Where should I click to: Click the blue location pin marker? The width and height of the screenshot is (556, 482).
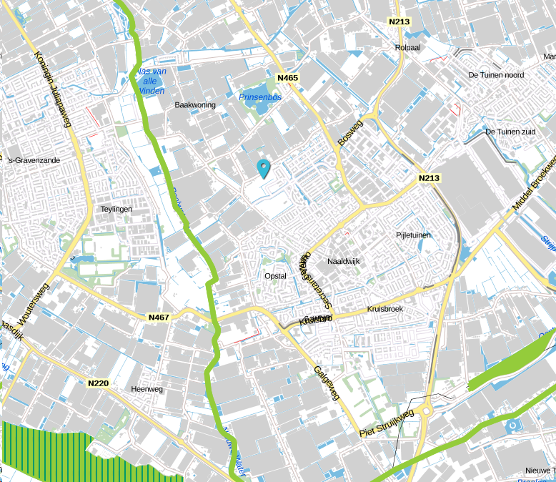tap(264, 169)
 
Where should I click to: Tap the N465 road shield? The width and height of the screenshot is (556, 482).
tap(288, 77)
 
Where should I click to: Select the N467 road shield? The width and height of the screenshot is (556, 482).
tap(159, 317)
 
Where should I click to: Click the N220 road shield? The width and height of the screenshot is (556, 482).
tap(98, 383)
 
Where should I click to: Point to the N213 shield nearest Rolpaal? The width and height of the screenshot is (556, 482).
tap(399, 21)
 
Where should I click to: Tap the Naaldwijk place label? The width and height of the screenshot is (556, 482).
tap(344, 262)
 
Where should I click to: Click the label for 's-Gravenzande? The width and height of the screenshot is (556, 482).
tap(33, 160)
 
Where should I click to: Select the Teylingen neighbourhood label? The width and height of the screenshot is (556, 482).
tap(117, 209)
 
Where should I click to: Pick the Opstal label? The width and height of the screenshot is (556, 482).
tap(275, 276)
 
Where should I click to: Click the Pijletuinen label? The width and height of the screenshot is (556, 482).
tap(414, 235)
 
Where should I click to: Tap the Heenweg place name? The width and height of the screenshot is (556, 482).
tap(147, 389)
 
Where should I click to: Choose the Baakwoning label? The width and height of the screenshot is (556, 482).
tap(195, 104)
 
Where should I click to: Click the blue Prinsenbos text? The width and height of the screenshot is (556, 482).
tap(260, 97)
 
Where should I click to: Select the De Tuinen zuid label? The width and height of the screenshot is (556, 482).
tap(510, 132)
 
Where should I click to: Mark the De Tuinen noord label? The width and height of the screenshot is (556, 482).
tap(496, 75)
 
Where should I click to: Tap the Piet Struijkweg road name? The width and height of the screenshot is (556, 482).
tap(387, 423)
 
